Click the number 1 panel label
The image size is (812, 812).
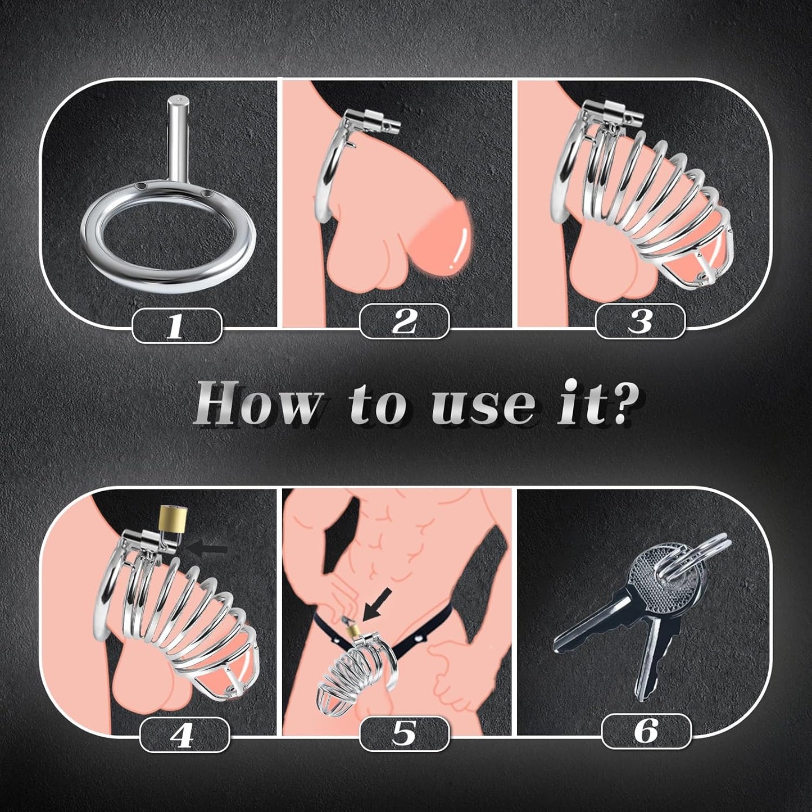click(176, 325)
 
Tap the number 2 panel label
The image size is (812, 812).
click(404, 321)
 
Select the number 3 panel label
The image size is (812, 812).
click(640, 321)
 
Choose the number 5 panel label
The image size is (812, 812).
click(404, 732)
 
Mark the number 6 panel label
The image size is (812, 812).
click(646, 731)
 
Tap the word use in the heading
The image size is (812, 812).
click(486, 405)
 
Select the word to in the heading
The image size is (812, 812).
click(382, 405)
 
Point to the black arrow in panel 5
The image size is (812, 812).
click(373, 610)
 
